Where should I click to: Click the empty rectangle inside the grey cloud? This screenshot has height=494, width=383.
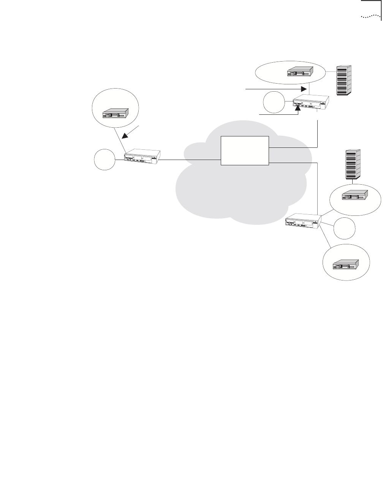[x=245, y=150]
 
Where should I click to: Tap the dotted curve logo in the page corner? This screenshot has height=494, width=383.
[x=370, y=17]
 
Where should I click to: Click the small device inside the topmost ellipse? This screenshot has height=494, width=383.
[x=300, y=71]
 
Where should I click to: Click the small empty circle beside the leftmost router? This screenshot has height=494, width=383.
[x=105, y=159]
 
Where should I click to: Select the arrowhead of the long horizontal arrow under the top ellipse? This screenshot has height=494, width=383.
[x=303, y=89]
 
